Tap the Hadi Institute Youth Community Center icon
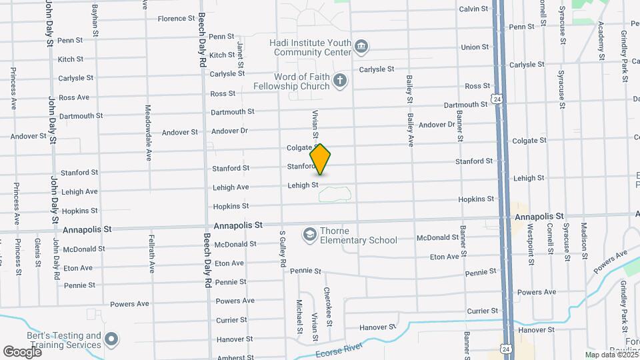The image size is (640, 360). tap(362, 46)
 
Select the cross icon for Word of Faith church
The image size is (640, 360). tap(340, 81)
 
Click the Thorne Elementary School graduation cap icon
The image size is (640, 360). tap(309, 234)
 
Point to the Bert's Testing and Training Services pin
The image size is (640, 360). tap(111, 340)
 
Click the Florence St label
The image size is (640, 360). tap(176, 19)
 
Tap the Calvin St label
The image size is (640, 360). tap(474, 9)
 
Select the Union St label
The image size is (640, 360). tap(475, 47)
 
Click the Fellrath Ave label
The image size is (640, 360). tap(152, 253)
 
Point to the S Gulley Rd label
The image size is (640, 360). tap(283, 249)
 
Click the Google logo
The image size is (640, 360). tap(22, 351)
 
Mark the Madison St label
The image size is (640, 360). tap(583, 241)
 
